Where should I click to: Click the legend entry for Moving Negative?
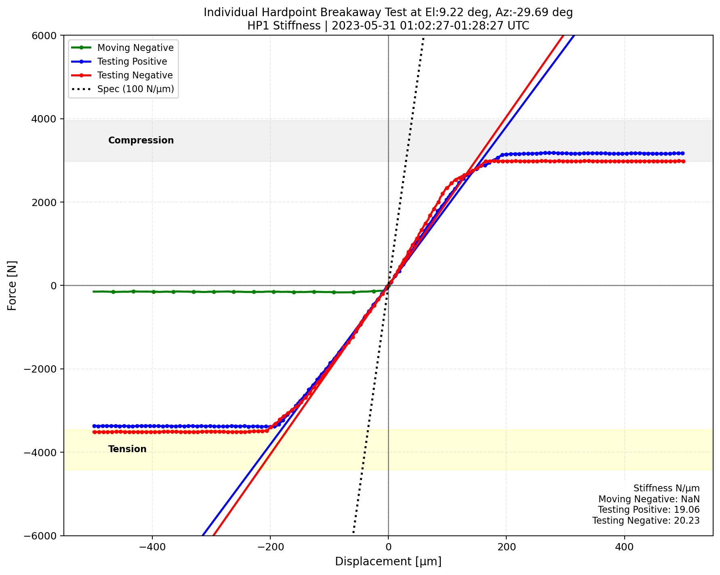click(x=135, y=48)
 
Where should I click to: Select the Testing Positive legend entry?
click(x=132, y=61)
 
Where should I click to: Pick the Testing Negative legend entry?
click(x=135, y=75)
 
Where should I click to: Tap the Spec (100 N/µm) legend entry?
click(x=135, y=89)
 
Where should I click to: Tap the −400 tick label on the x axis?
click(x=152, y=546)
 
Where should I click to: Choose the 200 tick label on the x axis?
click(x=506, y=546)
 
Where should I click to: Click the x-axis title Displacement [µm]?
click(x=388, y=562)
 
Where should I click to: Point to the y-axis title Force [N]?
click(x=12, y=286)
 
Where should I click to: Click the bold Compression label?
click(x=141, y=140)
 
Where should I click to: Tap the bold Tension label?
click(x=127, y=449)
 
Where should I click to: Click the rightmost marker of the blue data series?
click(x=683, y=153)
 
